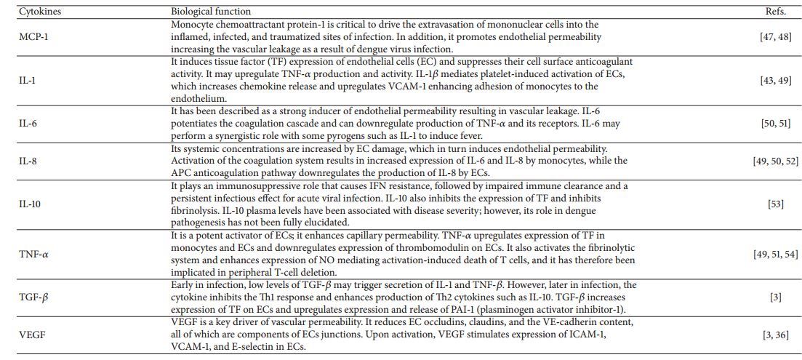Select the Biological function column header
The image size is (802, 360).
[211, 12]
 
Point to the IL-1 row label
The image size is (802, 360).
[28, 81]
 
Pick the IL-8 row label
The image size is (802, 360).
[28, 161]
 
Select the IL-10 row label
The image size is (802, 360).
[30, 204]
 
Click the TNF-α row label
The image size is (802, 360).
[33, 254]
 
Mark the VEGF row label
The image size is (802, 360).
[31, 336]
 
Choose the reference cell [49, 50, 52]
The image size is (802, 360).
[775, 161]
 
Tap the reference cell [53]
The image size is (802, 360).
[775, 204]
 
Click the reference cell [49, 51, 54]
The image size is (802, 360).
[775, 254]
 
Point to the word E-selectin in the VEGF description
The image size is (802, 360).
[265, 347]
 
